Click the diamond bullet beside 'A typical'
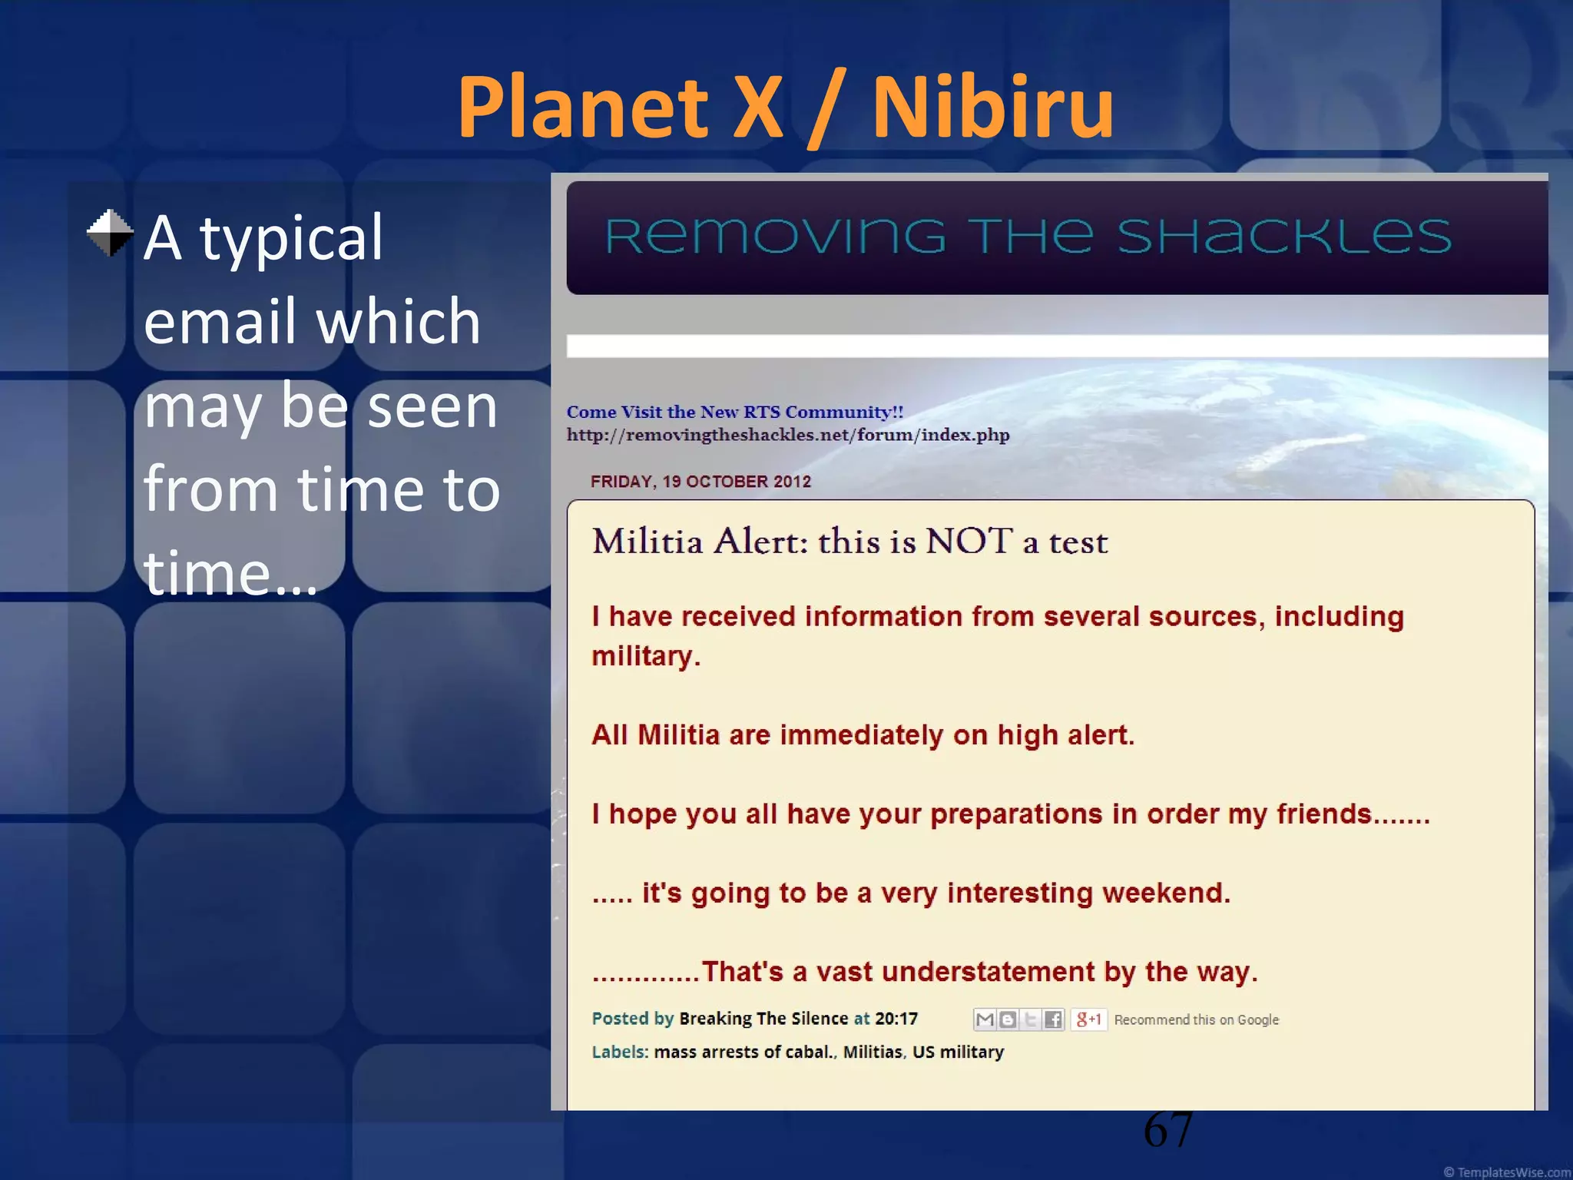click(110, 233)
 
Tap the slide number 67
click(1167, 1130)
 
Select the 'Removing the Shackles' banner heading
click(1028, 236)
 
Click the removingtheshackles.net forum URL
click(787, 436)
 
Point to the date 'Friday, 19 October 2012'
click(700, 482)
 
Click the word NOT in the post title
click(969, 542)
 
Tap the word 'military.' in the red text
click(645, 657)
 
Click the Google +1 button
click(1088, 1019)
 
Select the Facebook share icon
click(1053, 1019)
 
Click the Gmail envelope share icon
click(985, 1019)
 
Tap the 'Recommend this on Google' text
click(1196, 1020)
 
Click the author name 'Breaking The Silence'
click(763, 1019)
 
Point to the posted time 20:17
click(896, 1019)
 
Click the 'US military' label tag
click(958, 1052)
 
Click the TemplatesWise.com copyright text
click(1506, 1172)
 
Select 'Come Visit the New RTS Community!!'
click(734, 413)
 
